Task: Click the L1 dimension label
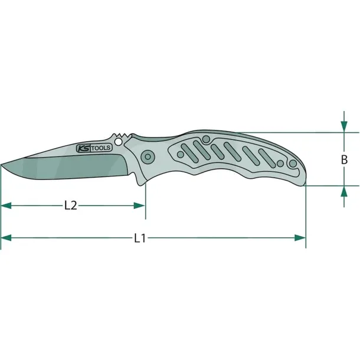(139, 238)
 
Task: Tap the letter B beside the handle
(343, 159)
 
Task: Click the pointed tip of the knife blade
(2, 166)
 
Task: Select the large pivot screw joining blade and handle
(147, 156)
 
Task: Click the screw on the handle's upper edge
(205, 139)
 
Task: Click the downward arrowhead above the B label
(343, 126)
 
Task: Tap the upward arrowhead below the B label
(343, 191)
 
